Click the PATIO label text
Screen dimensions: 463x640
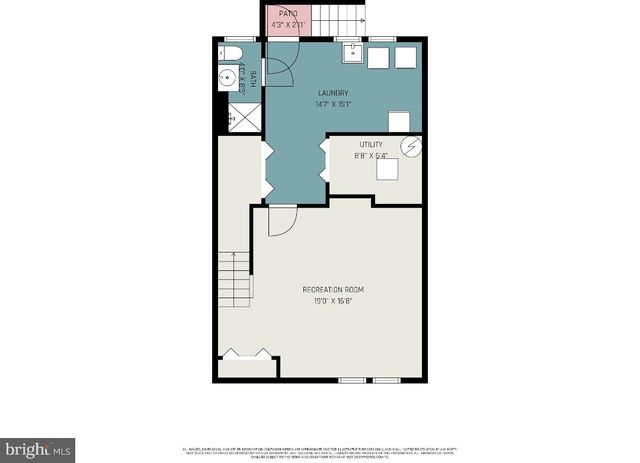click(x=289, y=14)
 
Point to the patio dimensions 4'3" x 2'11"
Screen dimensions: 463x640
click(x=289, y=24)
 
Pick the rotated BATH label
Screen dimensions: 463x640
click(x=253, y=80)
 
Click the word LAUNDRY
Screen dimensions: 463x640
click(x=333, y=93)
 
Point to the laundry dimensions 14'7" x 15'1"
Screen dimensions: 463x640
click(x=333, y=103)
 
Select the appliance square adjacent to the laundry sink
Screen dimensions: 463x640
click(x=379, y=58)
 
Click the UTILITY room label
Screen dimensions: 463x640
click(x=371, y=145)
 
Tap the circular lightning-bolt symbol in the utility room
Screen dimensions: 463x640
click(x=410, y=147)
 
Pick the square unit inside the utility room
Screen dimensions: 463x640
click(x=388, y=170)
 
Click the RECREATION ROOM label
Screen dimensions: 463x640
click(x=333, y=290)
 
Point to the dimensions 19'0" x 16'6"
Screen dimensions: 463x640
click(x=333, y=300)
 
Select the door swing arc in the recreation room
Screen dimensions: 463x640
click(x=282, y=221)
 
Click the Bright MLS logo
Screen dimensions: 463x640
click(x=38, y=449)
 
